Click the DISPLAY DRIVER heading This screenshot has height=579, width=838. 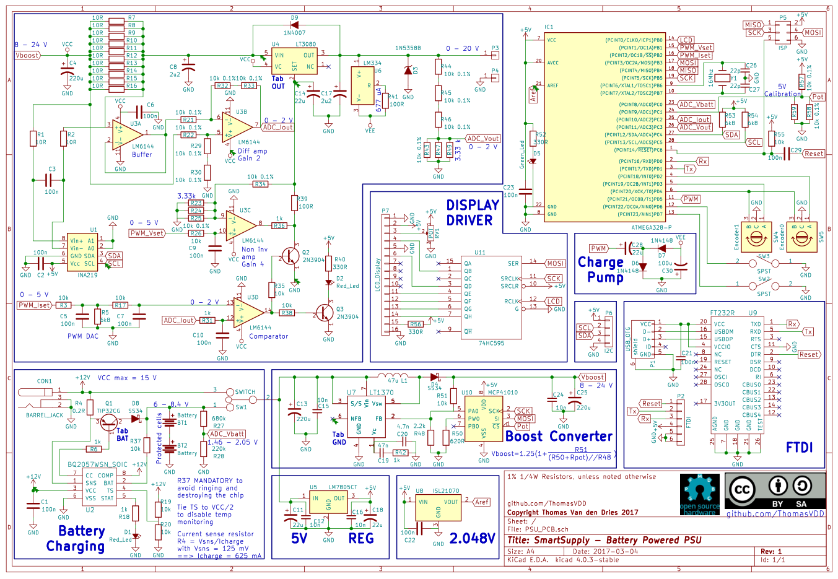coord(473,212)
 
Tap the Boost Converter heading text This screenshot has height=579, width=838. coord(559,437)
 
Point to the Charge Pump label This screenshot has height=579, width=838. coord(600,269)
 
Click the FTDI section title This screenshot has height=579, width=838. coord(799,447)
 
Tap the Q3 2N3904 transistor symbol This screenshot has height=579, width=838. coord(325,313)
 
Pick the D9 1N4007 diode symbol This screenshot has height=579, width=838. coord(294,25)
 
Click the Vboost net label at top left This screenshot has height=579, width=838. coord(28,55)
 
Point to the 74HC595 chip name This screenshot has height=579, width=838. coord(491,342)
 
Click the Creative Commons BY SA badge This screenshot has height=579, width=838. coord(775,491)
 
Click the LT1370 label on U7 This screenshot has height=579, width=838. coord(382,393)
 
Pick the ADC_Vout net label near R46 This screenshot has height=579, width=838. coord(483,139)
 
